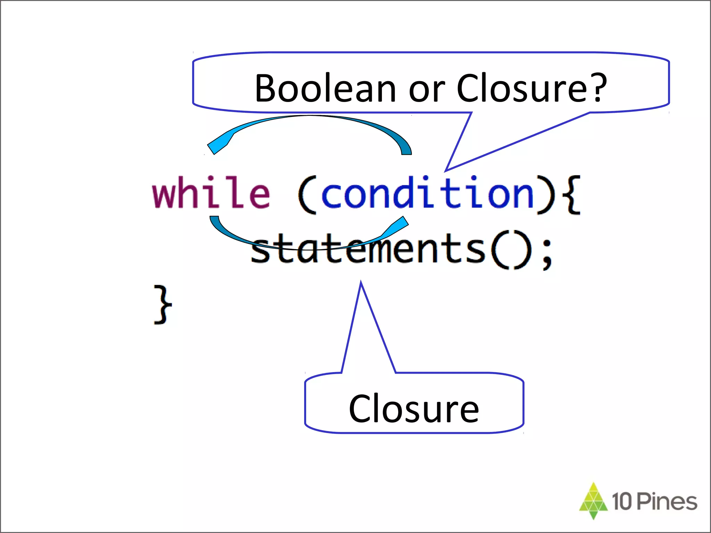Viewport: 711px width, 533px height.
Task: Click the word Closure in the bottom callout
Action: (414, 409)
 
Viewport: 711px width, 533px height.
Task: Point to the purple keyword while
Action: (211, 192)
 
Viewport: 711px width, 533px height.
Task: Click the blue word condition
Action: (427, 193)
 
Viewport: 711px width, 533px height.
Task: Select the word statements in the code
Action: (368, 248)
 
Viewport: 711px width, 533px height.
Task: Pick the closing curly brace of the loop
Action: (162, 305)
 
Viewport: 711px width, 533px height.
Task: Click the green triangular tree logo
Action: (593, 500)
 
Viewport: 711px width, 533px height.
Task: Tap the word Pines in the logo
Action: (667, 502)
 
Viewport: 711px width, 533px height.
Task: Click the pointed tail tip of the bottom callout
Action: (361, 282)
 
